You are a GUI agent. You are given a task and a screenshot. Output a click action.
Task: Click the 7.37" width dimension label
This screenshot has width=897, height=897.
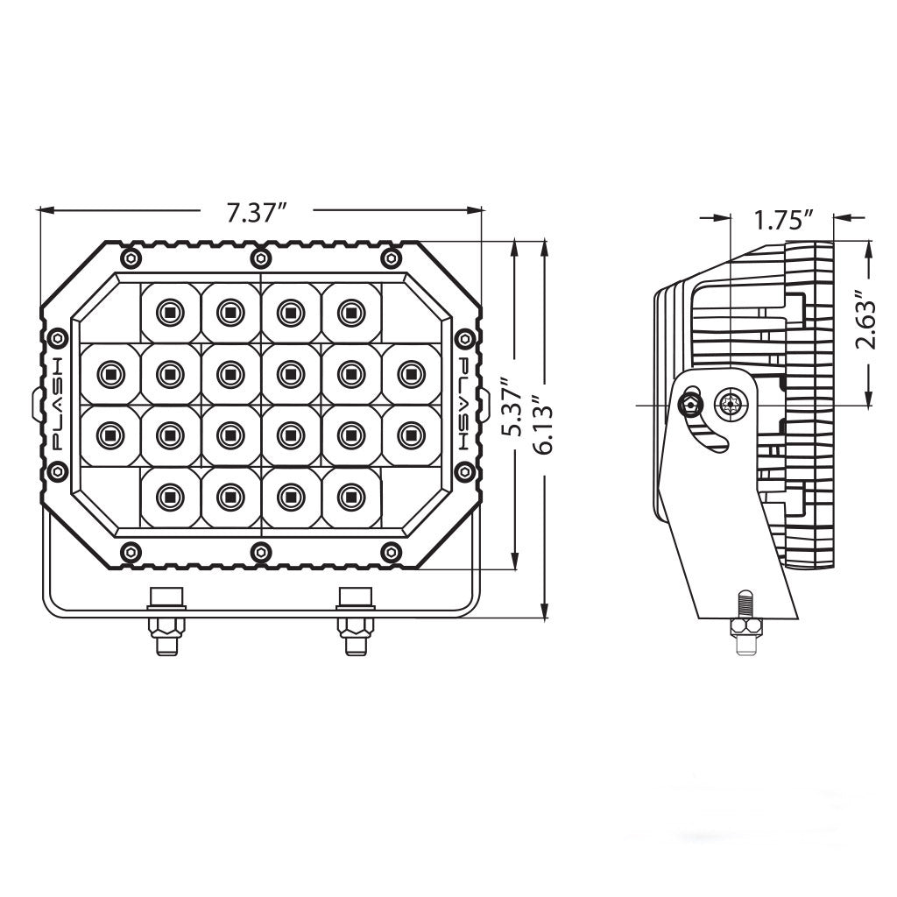pos(257,213)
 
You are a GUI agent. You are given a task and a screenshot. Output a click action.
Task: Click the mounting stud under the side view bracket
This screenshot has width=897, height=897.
pos(743,624)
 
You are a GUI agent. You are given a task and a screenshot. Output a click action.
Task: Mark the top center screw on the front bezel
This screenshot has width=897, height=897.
pos(260,257)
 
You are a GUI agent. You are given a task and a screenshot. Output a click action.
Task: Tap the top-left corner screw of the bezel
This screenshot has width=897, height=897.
pos(131,257)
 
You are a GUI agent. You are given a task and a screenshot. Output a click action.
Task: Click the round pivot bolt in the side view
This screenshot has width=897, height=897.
pos(729,405)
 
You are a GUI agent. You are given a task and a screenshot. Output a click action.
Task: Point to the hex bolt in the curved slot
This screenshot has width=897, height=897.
pos(690,405)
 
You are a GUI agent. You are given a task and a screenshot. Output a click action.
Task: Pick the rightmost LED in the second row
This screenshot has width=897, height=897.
pos(407,373)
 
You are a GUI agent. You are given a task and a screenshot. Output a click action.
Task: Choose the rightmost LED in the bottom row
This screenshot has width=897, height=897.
pos(350,496)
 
